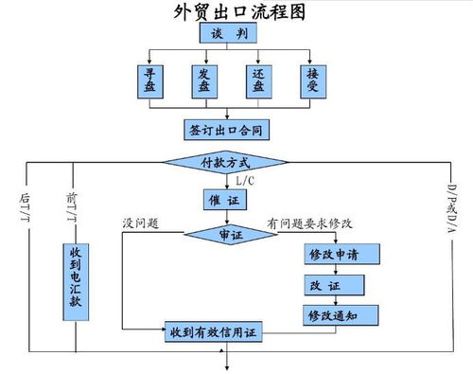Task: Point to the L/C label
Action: coord(244,181)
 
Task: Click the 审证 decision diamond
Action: coord(228,233)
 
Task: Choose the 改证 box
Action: coord(332,285)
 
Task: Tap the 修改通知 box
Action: coord(332,313)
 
